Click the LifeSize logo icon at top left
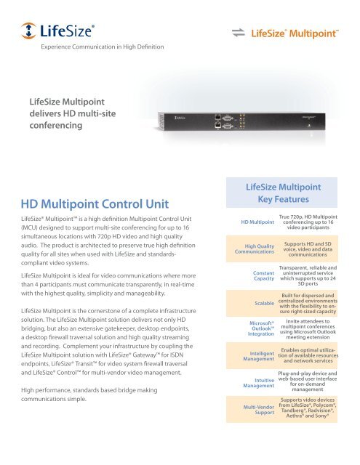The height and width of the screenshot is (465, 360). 29,31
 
